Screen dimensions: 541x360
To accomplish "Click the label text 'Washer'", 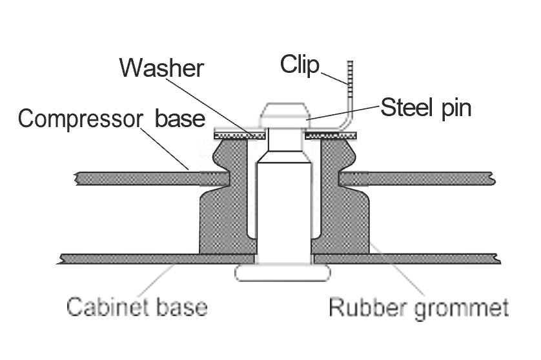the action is pyautogui.click(x=161, y=68).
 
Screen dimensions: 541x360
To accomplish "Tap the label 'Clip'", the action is pyautogui.click(x=300, y=65).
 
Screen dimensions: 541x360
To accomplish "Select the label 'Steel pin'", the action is pyautogui.click(x=425, y=108).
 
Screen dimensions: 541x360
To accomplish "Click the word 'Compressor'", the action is pyautogui.click(x=80, y=119).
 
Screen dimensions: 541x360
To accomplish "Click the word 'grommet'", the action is pyautogui.click(x=461, y=308).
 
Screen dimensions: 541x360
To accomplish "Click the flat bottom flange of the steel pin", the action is pyautogui.click(x=283, y=273).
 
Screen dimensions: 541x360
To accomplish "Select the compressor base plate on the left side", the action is pyautogui.click(x=152, y=178).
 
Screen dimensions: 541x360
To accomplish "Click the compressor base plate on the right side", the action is pyautogui.click(x=417, y=179).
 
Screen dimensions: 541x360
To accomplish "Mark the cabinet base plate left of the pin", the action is pyautogui.click(x=157, y=259).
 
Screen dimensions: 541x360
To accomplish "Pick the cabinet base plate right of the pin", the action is pyautogui.click(x=407, y=259).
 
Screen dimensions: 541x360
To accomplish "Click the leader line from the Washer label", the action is pyautogui.click(x=212, y=108).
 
